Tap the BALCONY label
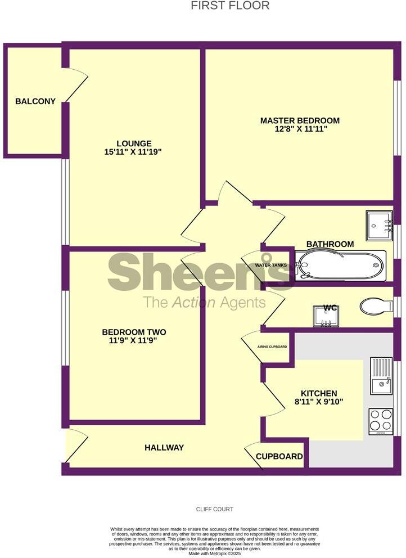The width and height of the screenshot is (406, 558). (35, 101)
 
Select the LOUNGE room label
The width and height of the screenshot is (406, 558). (134, 143)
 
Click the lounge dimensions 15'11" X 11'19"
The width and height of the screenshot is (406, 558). (134, 152)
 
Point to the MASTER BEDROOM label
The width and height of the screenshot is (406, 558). (300, 120)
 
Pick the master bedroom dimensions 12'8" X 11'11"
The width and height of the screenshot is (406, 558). (300, 129)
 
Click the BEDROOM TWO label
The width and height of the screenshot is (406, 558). (133, 332)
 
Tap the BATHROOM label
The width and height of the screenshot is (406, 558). (330, 244)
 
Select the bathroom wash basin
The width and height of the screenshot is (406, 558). (378, 223)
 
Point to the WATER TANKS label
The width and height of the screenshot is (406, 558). (271, 265)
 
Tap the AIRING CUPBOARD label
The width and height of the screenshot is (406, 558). (273, 347)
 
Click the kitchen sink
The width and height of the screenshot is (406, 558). (381, 376)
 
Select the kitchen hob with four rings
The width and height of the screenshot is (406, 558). (380, 420)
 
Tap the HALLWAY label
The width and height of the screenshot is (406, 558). (164, 448)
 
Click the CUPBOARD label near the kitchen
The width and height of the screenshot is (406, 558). (279, 456)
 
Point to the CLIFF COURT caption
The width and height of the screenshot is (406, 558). (214, 509)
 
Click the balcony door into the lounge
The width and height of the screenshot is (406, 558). (76, 85)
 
